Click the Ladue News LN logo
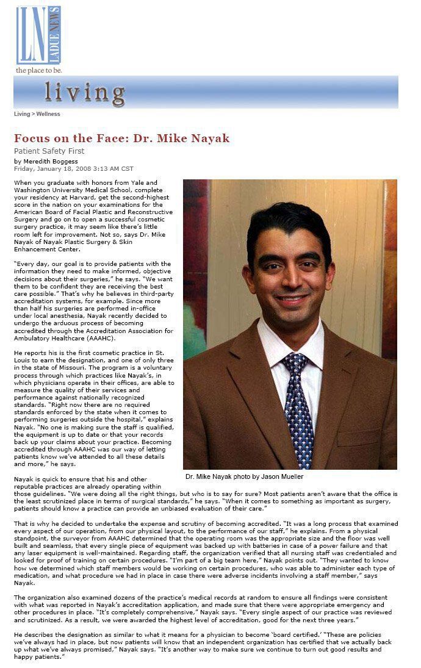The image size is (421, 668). coord(38,35)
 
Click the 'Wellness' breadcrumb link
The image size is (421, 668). coord(48,114)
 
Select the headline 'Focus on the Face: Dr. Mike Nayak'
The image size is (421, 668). coord(121,138)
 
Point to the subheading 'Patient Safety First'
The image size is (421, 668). coord(49,151)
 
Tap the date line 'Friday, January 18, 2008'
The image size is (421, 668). coord(52,168)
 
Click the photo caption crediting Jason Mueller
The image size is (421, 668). coord(244,476)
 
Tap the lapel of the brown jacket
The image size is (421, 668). coord(247,390)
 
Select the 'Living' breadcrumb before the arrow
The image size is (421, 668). coord(22,114)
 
